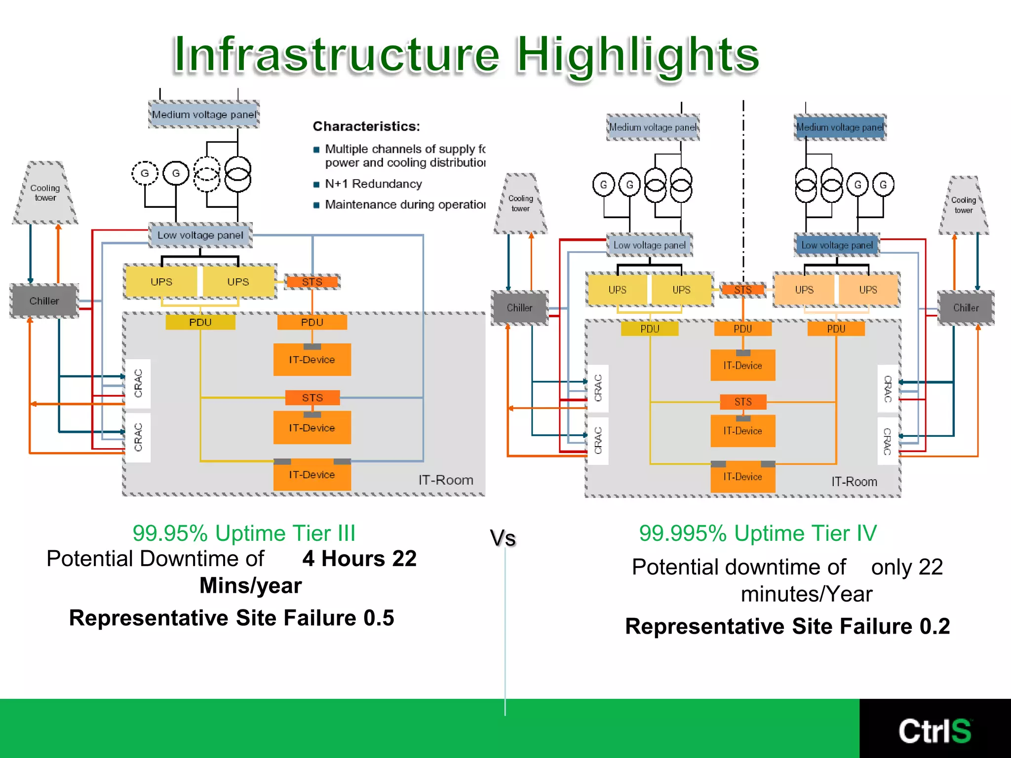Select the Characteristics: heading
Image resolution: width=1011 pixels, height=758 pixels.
pyautogui.click(x=366, y=126)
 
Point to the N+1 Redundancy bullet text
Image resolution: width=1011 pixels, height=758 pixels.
pyautogui.click(x=373, y=184)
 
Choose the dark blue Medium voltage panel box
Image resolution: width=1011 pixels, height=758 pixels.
pyautogui.click(x=840, y=127)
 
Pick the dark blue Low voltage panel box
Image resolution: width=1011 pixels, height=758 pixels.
pyautogui.click(x=837, y=245)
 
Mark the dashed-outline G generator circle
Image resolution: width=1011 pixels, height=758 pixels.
pyautogui.click(x=145, y=173)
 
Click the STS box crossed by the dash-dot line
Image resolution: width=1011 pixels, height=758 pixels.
pyautogui.click(x=743, y=290)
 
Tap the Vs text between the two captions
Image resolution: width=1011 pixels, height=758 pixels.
pyautogui.click(x=503, y=538)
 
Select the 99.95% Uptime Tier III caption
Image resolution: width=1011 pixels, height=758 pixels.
pyautogui.click(x=244, y=533)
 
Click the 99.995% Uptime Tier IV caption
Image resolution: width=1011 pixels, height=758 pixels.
pyautogui.click(x=758, y=533)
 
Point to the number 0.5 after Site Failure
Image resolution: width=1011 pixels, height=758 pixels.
pyautogui.click(x=379, y=618)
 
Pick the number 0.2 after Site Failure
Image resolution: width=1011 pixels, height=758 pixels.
pyautogui.click(x=934, y=627)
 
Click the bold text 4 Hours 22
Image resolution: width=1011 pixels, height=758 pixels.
pyautogui.click(x=359, y=559)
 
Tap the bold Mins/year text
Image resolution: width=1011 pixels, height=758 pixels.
pyautogui.click(x=250, y=586)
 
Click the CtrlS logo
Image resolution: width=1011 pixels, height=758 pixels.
pyautogui.click(x=934, y=731)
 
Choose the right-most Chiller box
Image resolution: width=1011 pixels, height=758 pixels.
pyautogui.click(x=966, y=308)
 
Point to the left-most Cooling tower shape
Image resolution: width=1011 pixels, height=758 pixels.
pyautogui.click(x=45, y=193)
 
